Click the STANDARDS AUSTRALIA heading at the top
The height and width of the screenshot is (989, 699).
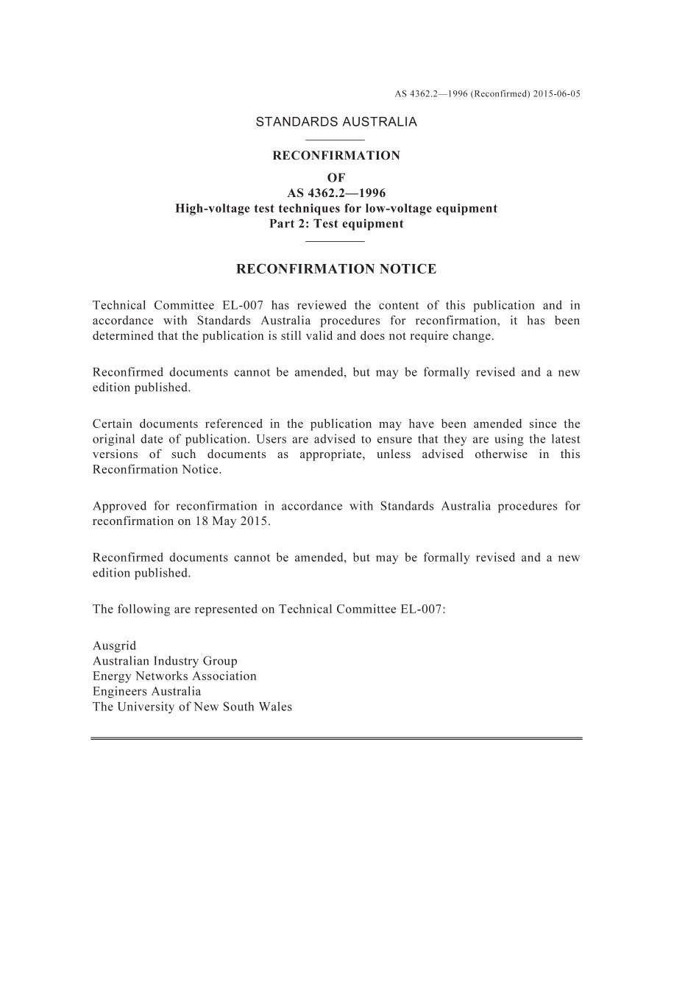336,122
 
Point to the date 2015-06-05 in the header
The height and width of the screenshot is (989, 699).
557,94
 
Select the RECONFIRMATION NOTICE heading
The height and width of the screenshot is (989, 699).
336,269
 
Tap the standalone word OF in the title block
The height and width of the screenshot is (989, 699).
336,178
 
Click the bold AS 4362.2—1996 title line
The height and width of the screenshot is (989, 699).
336,193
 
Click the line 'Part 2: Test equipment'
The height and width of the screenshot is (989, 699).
336,224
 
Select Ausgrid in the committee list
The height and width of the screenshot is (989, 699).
114,646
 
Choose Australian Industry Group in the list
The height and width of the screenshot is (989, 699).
165,661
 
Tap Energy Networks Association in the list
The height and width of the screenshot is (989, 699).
174,676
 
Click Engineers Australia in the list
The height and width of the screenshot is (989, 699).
146,691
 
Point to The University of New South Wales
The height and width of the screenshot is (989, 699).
192,707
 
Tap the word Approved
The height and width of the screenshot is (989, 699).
120,506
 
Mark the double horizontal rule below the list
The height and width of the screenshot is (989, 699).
336,738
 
